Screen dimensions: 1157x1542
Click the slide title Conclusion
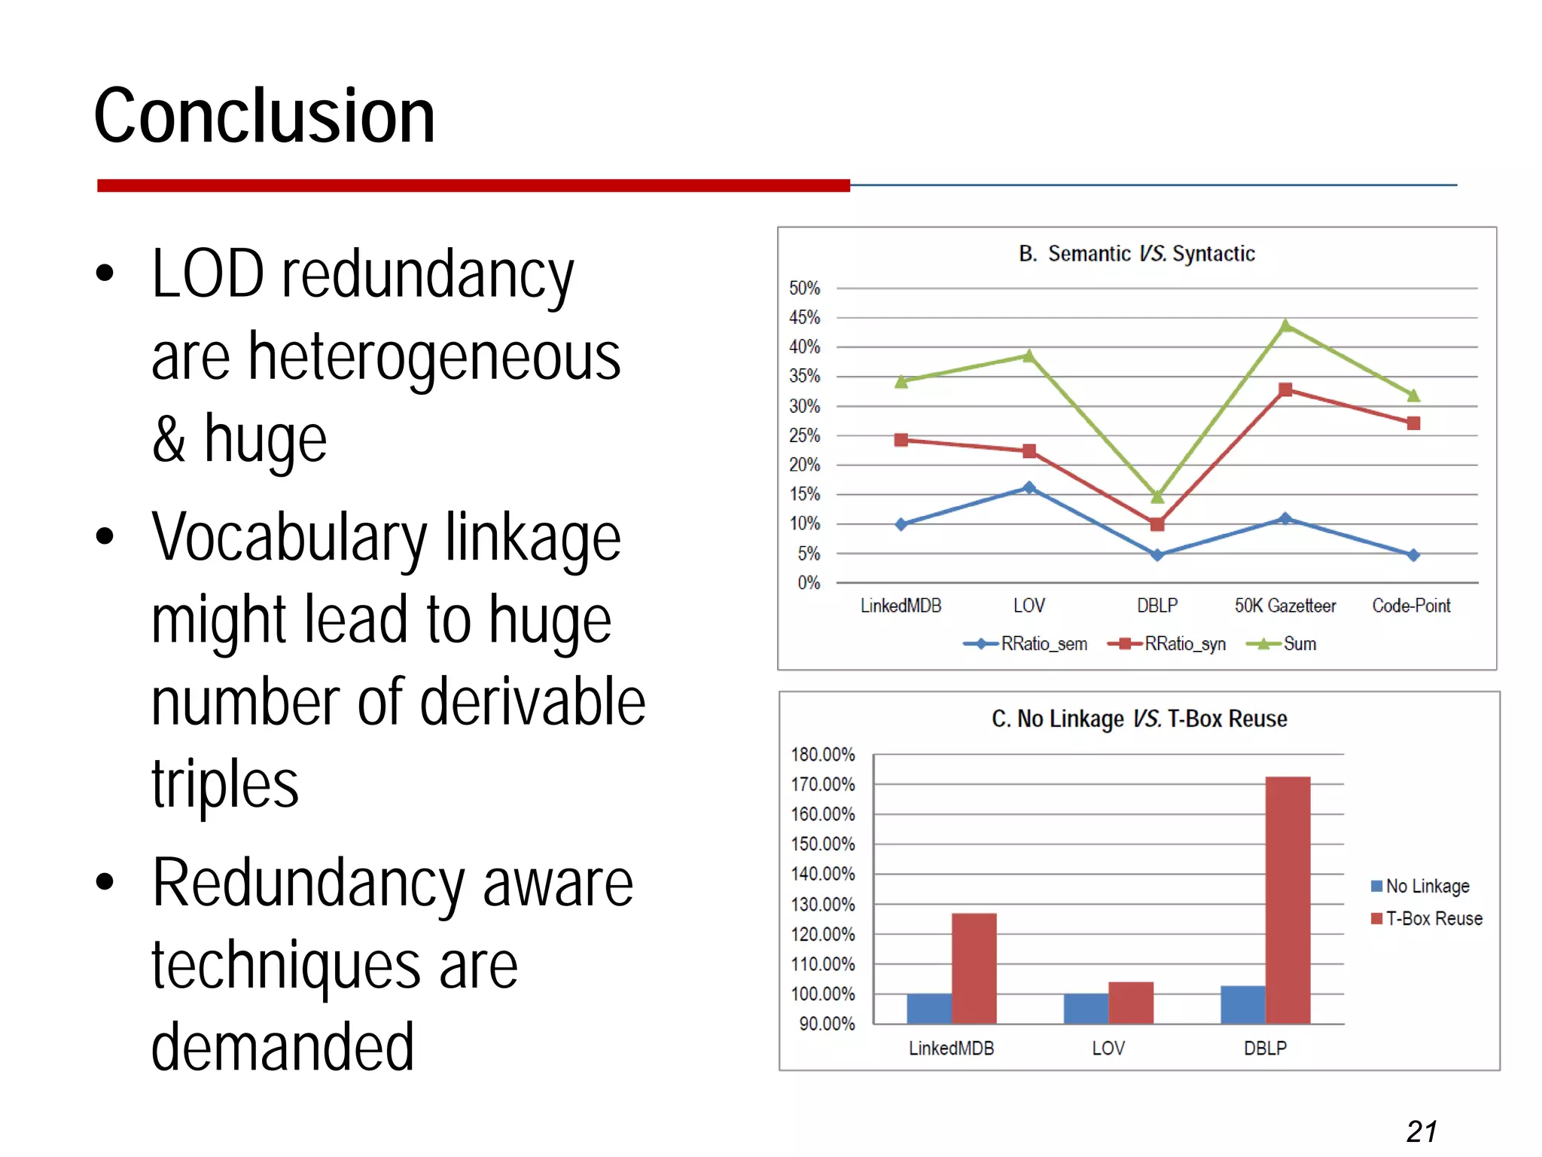pos(264,116)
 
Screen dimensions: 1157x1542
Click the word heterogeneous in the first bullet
pos(434,357)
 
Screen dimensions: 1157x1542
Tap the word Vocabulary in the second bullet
pos(289,538)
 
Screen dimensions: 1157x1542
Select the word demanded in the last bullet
pos(283,1047)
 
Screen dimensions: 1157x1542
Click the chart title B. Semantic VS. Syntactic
pos(1137,254)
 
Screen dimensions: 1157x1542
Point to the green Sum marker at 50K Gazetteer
pos(1285,325)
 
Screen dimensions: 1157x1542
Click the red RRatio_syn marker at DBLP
pos(1157,524)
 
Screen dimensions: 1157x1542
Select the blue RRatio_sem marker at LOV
pos(1029,487)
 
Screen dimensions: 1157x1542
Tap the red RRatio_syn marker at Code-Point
pos(1413,423)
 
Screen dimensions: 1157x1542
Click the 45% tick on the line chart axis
pos(804,318)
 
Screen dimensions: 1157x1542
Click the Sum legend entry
pos(1283,644)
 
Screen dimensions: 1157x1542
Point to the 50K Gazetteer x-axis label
pos(1284,606)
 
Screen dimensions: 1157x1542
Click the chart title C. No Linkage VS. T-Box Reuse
pos(1139,719)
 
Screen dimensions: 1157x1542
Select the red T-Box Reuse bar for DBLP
pos(1288,900)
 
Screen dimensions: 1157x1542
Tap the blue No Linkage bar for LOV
pos(1086,1009)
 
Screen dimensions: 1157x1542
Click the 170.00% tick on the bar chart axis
pos(823,784)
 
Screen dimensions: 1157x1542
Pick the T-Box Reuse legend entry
pos(1427,919)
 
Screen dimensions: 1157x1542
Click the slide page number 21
pos(1422,1131)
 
